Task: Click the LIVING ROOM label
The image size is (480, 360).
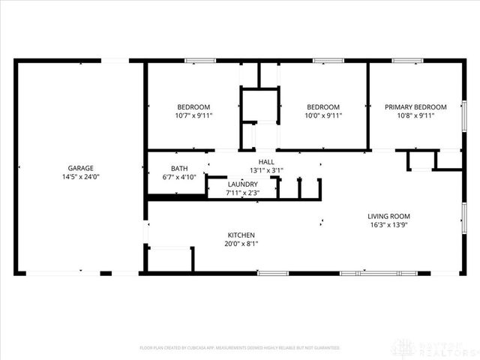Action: pyautogui.click(x=389, y=216)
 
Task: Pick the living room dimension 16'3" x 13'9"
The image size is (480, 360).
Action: pyautogui.click(x=389, y=225)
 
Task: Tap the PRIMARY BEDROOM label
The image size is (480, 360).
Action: pyautogui.click(x=415, y=107)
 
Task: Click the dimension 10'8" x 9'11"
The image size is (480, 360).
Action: pyautogui.click(x=415, y=116)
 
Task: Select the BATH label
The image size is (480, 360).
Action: pyautogui.click(x=179, y=169)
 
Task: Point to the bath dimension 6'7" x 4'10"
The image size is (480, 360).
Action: pyautogui.click(x=179, y=178)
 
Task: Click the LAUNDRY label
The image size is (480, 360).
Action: pyautogui.click(x=242, y=184)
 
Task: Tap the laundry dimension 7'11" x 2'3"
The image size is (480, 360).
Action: pyautogui.click(x=242, y=193)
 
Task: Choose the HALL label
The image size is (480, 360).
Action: pyautogui.click(x=266, y=161)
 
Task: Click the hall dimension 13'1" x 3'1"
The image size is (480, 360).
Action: pyautogui.click(x=266, y=170)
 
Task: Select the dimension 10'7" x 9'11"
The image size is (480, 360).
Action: pyautogui.click(x=193, y=116)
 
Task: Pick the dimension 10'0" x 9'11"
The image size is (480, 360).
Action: pyautogui.click(x=322, y=116)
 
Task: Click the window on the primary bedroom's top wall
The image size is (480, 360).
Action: pyautogui.click(x=407, y=61)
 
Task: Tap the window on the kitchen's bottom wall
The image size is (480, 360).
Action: pyautogui.click(x=273, y=273)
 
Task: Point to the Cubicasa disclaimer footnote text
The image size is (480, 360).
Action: pyautogui.click(x=240, y=348)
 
